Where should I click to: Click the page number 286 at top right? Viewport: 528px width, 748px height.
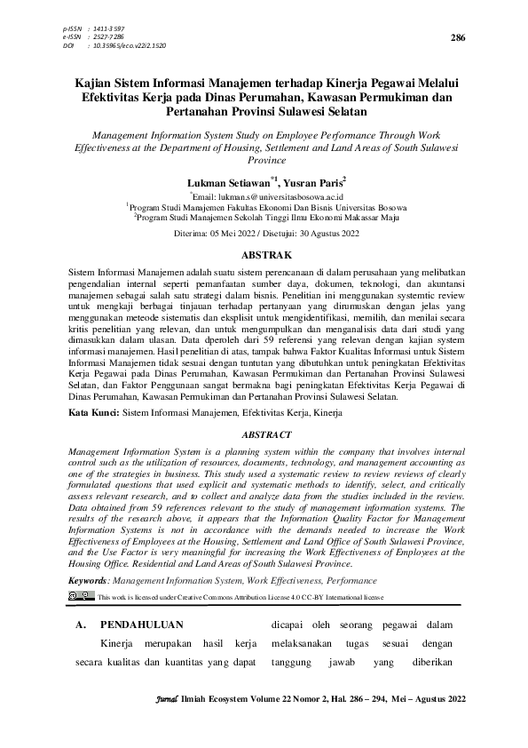pyautogui.click(x=458, y=38)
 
